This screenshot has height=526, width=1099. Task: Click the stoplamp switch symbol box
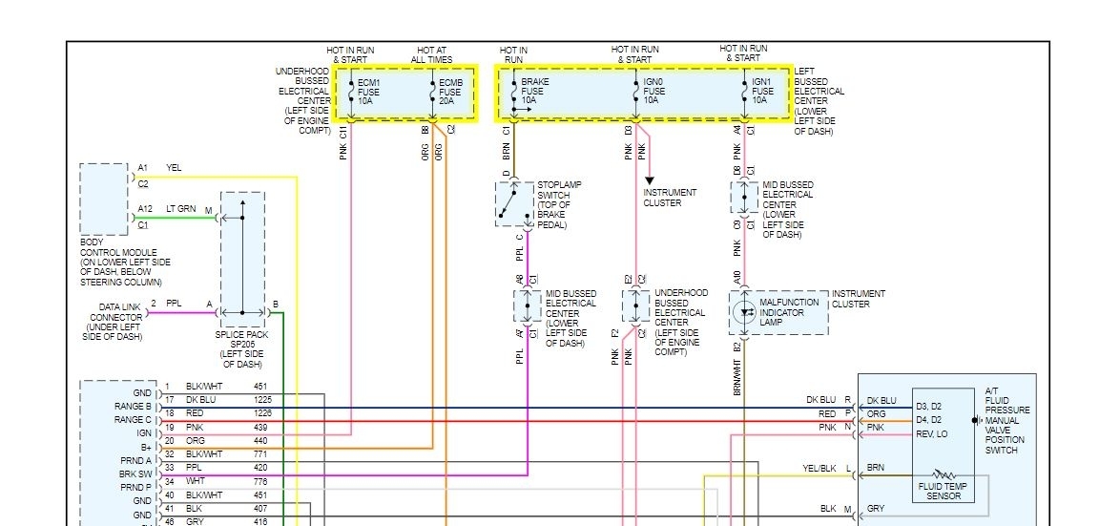click(x=514, y=203)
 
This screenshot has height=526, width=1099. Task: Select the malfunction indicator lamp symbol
click(x=745, y=311)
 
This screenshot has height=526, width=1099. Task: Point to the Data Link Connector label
click(x=116, y=318)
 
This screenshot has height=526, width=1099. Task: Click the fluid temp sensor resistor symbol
click(x=943, y=473)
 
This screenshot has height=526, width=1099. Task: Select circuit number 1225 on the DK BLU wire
click(x=262, y=399)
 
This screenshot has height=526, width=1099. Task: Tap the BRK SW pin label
click(x=135, y=473)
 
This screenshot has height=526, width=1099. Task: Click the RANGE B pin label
click(x=133, y=406)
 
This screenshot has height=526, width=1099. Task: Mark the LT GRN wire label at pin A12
click(x=182, y=209)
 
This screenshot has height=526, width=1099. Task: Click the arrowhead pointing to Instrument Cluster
click(x=650, y=179)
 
